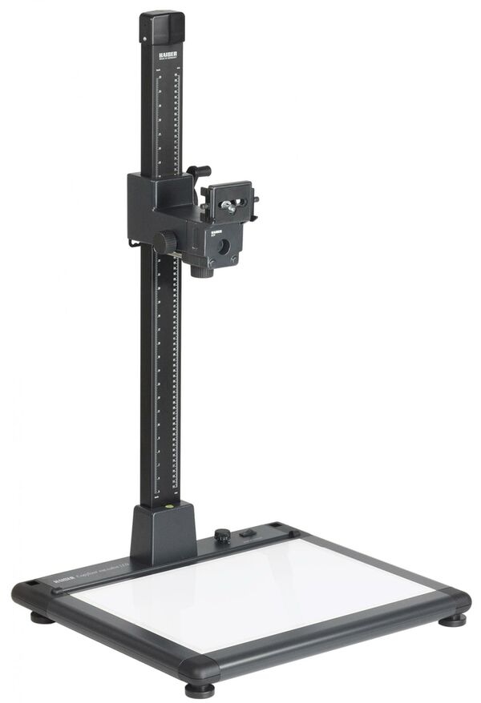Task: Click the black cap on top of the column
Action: pos(162,26)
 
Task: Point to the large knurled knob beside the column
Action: pos(167,241)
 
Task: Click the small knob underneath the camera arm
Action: pos(201,271)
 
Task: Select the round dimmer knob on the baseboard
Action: pos(222,536)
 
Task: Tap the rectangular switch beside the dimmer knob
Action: pos(248,533)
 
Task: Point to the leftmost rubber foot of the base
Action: pos(41,617)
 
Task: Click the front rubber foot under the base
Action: pos(200,689)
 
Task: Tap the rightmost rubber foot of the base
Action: pos(453,619)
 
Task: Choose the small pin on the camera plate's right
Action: pos(255,197)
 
